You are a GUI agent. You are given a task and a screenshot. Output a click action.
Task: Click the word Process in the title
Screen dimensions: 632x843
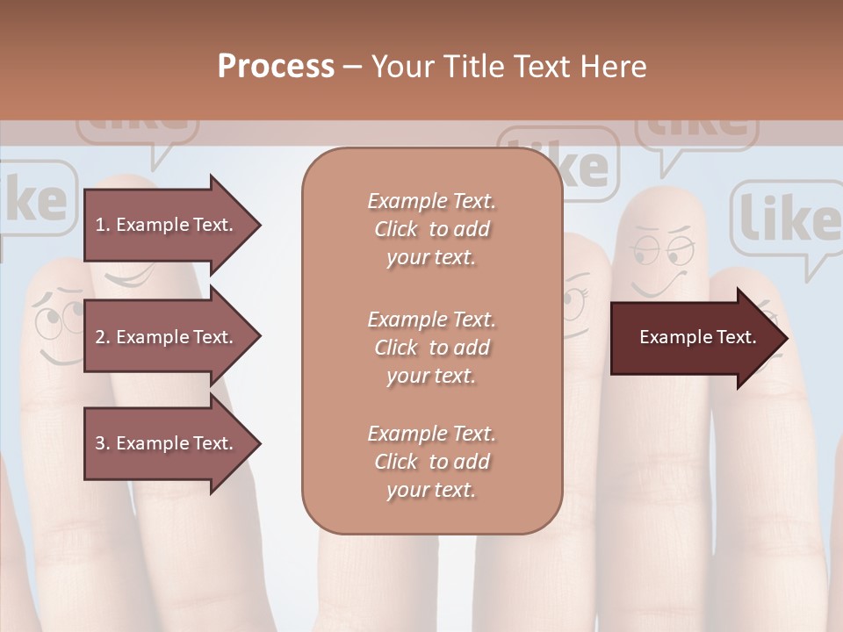coord(276,67)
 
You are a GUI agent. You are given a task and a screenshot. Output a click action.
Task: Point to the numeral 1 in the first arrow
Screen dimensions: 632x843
coord(100,225)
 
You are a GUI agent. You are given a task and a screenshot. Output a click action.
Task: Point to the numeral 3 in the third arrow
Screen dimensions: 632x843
coord(100,443)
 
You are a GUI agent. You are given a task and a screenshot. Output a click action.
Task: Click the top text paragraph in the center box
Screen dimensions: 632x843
coord(431,229)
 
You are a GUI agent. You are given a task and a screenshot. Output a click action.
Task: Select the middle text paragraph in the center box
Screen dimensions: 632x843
coord(431,348)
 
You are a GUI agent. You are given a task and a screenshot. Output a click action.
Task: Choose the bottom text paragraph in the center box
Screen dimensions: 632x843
coord(431,462)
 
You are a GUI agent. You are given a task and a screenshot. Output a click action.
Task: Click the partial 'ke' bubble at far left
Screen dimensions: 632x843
coord(35,200)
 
